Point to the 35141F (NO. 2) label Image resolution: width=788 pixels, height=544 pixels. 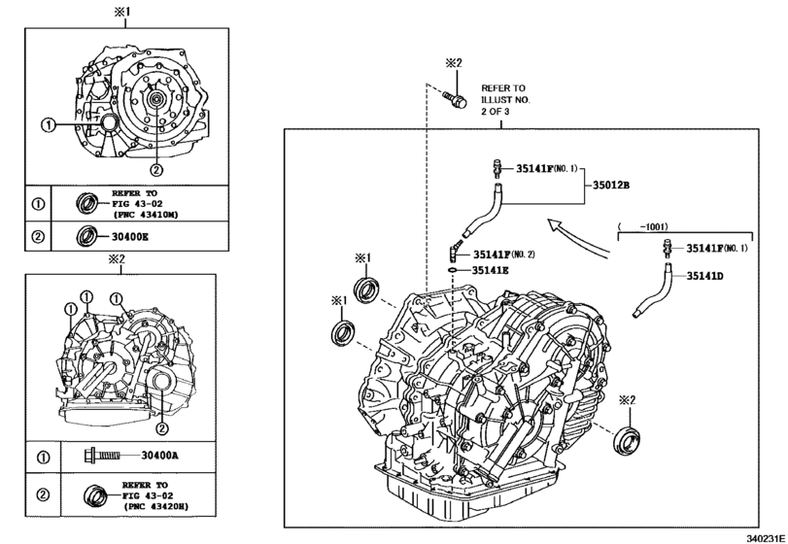(x=503, y=255)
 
